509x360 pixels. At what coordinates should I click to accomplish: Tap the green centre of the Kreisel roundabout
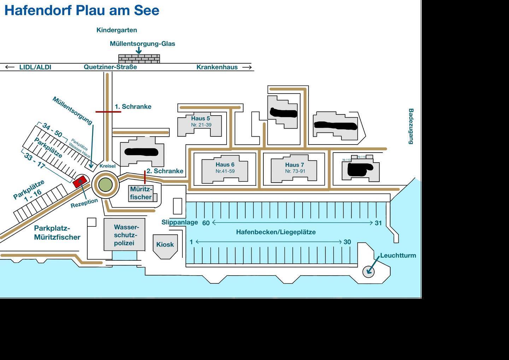pos(105,184)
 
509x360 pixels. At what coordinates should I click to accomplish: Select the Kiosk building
pos(165,244)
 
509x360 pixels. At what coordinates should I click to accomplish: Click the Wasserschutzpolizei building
pos(124,235)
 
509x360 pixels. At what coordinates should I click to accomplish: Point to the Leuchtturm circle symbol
pos(368,271)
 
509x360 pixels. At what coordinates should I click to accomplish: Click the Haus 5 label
pos(200,118)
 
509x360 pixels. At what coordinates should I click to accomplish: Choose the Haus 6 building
pos(225,170)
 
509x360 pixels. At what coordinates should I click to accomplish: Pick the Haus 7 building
pos(294,170)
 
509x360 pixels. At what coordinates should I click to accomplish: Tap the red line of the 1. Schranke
pos(108,112)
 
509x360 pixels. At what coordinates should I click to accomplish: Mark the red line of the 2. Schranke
pos(145,177)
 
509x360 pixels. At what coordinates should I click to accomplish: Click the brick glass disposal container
pos(139,59)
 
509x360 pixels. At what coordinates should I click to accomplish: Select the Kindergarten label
pos(117,30)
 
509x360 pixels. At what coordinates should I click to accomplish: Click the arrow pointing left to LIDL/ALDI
pos(10,67)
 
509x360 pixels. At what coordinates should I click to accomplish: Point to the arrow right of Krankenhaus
pos(247,67)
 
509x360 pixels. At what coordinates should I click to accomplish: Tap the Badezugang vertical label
pos(411,126)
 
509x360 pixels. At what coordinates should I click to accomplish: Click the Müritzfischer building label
pos(141,193)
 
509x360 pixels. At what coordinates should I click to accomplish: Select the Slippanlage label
pos(180,222)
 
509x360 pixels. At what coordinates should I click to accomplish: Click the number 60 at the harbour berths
pos(206,223)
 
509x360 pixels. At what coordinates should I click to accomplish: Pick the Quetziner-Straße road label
pos(110,67)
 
